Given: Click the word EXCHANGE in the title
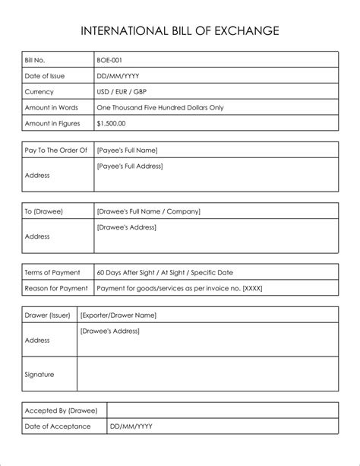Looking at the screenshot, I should click(x=249, y=31).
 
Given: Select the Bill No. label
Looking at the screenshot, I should click(x=36, y=59).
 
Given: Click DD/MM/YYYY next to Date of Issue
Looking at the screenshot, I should click(x=118, y=75).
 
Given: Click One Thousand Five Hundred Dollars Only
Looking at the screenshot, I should click(x=160, y=107).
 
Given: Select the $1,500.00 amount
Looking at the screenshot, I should click(x=112, y=123).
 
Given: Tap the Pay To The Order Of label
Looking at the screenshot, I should click(x=56, y=151).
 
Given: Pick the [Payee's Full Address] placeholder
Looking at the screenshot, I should click(x=130, y=166).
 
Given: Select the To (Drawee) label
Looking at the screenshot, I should click(x=43, y=211).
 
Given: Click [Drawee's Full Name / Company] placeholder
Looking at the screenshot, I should click(x=149, y=211).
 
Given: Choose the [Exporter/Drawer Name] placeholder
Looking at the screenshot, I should click(x=118, y=315).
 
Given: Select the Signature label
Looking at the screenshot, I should click(x=39, y=374).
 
